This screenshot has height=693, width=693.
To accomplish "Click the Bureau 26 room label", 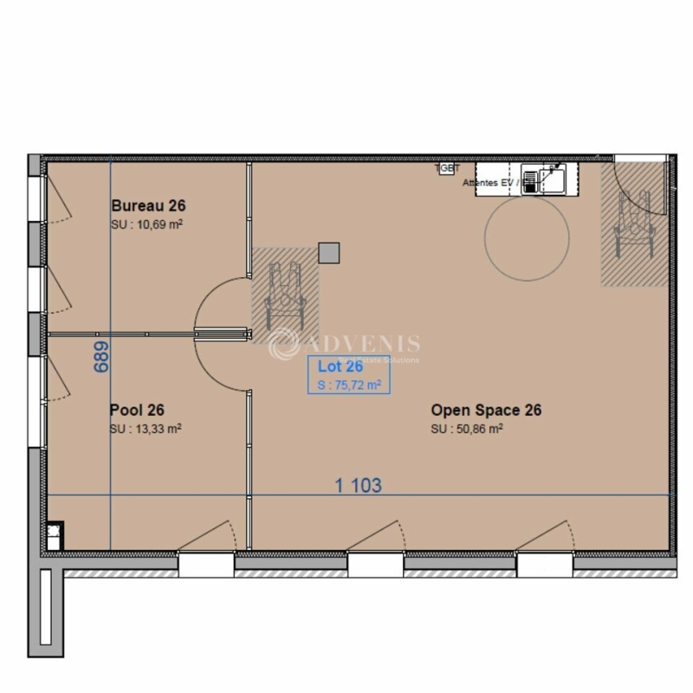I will tap(149, 206).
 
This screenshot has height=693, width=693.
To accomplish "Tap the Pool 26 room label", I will tap(137, 411).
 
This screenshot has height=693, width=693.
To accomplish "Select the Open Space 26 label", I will tap(486, 411).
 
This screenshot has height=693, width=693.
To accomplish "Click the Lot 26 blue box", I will tap(345, 375).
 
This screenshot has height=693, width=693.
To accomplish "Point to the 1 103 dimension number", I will tap(359, 485).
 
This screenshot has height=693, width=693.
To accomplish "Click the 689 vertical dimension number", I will tap(101, 356).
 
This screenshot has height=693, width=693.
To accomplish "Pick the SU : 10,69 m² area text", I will tap(146, 224).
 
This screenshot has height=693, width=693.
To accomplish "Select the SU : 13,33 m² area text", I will tap(145, 429).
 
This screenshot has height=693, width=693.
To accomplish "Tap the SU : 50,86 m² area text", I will tap(468, 429).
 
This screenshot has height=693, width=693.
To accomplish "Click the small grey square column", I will tap(329, 253).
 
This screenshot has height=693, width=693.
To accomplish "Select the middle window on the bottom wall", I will tap(376, 565).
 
